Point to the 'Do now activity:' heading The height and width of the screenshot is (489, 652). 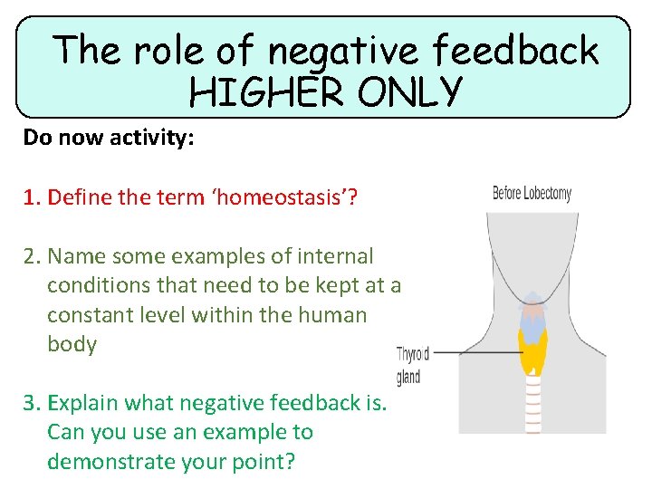[x=109, y=139]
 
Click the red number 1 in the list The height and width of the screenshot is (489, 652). [x=30, y=197]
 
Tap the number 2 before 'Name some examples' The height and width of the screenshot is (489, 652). [x=30, y=257]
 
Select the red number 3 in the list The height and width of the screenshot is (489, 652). [x=30, y=403]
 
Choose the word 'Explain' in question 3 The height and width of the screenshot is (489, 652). [x=82, y=403]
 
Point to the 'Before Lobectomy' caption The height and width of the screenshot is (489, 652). [x=532, y=193]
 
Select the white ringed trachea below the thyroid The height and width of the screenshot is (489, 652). [x=532, y=403]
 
